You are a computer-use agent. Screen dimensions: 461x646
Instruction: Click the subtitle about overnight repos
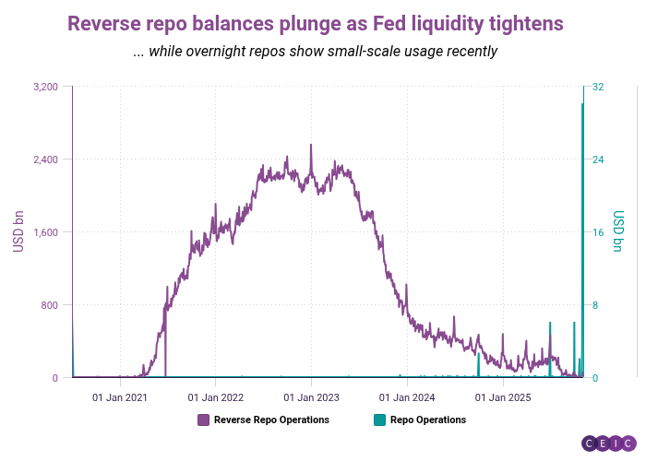(316, 52)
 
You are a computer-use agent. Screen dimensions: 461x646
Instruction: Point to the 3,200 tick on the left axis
(45, 87)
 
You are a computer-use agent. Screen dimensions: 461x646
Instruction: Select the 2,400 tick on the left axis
(45, 160)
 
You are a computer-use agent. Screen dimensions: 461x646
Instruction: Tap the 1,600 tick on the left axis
(45, 232)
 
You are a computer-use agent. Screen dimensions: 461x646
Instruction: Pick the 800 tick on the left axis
(51, 305)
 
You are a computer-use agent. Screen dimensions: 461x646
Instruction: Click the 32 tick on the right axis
(598, 87)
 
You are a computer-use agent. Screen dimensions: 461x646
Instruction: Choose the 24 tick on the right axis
(598, 160)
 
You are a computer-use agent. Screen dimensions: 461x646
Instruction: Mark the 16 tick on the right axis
(598, 232)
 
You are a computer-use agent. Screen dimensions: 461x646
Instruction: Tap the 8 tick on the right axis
(595, 305)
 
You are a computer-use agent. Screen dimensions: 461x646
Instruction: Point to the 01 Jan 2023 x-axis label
(311, 397)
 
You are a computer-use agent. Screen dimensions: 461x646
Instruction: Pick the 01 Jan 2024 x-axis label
(407, 397)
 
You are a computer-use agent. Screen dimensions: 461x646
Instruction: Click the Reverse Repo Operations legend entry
(270, 420)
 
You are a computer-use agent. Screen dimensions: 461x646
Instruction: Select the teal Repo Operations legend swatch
(379, 420)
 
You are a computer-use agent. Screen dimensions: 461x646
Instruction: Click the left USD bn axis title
(18, 232)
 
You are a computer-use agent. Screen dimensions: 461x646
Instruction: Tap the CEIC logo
(609, 443)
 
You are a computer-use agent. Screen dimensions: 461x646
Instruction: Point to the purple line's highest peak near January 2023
(311, 145)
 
